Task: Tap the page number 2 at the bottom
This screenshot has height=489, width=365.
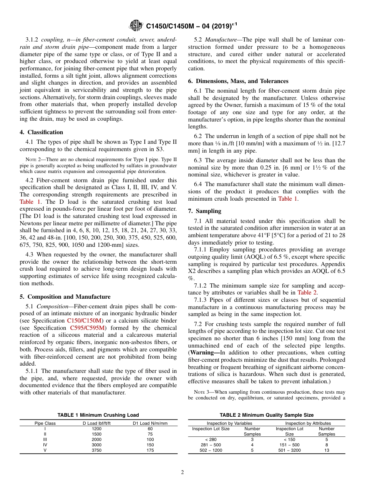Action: [182, 472]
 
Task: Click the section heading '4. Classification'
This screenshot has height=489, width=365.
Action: [41, 132]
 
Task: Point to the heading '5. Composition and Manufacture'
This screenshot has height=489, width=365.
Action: [65, 296]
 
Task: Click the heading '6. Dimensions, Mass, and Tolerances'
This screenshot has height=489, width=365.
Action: [238, 81]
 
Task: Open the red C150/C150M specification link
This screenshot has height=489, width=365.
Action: [85, 321]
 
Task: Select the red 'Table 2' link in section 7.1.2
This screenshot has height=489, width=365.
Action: [307, 293]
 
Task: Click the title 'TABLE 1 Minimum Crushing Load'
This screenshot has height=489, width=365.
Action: [98, 415]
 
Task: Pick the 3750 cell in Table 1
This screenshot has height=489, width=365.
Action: [97, 450]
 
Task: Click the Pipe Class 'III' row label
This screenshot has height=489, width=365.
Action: [45, 439]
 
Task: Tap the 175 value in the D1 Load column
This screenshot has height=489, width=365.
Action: [150, 450]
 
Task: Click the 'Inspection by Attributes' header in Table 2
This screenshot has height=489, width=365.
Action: [305, 423]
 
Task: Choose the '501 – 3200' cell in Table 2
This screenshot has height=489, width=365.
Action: [289, 450]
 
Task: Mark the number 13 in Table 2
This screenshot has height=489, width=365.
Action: [327, 450]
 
